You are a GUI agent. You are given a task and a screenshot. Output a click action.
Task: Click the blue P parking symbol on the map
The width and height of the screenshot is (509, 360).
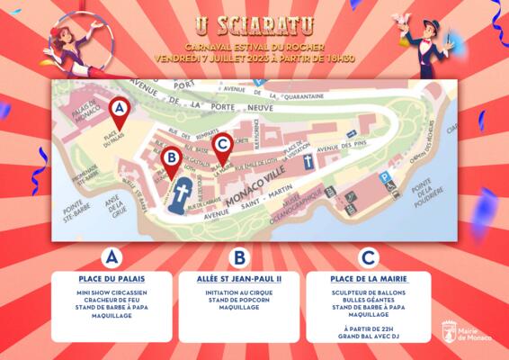coord(384,178)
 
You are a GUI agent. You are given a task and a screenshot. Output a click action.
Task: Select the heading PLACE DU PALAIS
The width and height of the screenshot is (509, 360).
coord(112,280)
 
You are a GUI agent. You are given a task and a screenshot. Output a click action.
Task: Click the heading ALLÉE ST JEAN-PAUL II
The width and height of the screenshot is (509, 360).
coord(238,280)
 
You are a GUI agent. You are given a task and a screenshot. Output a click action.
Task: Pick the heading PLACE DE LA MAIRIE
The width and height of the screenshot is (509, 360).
coord(368,280)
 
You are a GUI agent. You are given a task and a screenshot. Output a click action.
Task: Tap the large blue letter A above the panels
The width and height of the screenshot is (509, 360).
coord(112,257)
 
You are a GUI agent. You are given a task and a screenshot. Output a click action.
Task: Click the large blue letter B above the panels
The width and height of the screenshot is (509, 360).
coord(238,257)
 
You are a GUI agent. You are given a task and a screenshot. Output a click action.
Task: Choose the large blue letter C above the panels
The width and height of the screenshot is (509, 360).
coord(368,257)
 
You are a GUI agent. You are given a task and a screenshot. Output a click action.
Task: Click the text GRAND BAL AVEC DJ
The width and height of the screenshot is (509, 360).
coord(368,336)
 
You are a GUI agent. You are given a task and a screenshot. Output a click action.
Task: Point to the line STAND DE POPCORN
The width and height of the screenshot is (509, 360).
coord(238,300)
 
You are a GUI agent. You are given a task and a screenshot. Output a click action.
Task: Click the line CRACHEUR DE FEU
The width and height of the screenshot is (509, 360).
coord(112,300)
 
